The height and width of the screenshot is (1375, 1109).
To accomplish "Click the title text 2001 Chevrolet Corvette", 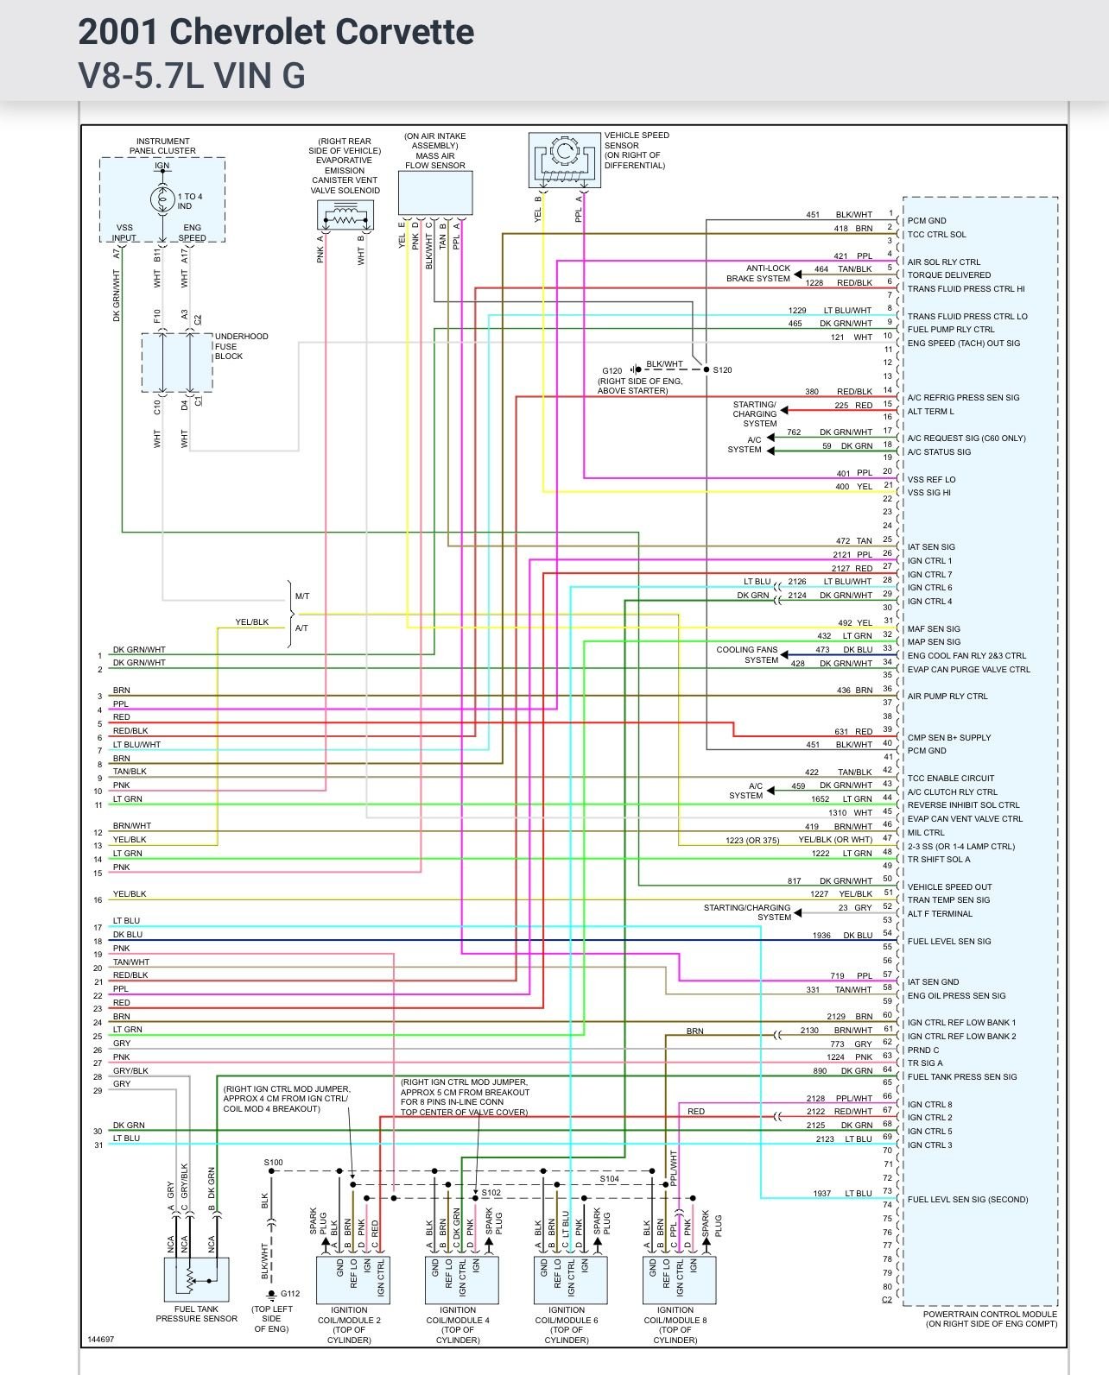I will (x=276, y=33).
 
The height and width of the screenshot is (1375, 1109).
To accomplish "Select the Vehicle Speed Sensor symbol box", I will (x=564, y=160).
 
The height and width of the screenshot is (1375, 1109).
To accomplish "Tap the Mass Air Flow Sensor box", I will (x=434, y=192).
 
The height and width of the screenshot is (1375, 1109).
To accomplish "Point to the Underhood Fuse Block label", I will (x=241, y=346).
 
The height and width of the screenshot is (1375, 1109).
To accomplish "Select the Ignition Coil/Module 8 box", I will (x=679, y=1279).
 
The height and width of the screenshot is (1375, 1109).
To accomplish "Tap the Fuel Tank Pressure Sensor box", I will (x=196, y=1279).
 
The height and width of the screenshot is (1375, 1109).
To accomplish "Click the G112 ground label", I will (x=289, y=1293).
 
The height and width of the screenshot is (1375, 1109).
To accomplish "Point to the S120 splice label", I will (x=722, y=370).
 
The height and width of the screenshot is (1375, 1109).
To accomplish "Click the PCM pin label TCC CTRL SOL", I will (x=936, y=235).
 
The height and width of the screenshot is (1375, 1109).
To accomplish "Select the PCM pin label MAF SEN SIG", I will (x=934, y=628).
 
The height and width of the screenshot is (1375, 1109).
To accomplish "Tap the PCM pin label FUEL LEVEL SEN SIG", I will (x=948, y=941).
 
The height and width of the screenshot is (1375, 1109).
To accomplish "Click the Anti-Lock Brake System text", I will (x=757, y=274).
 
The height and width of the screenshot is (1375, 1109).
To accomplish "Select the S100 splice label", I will (x=273, y=1163).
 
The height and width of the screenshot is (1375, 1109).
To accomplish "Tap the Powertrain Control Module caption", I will (x=989, y=1319).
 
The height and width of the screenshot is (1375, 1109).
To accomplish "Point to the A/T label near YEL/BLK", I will (x=301, y=628).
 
